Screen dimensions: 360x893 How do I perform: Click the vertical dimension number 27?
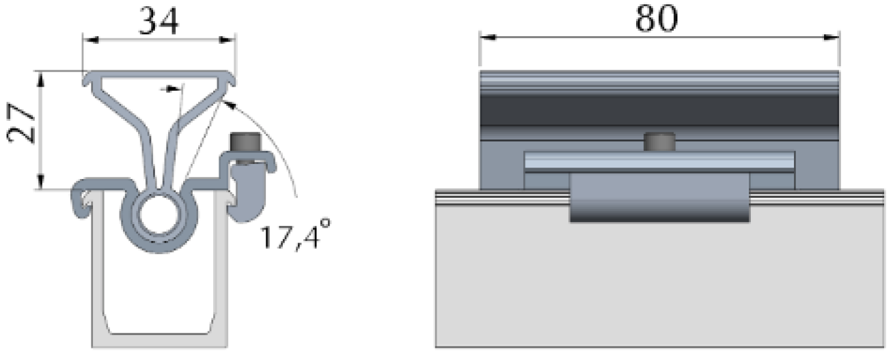click(x=23, y=123)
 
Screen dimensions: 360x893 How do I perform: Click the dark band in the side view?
click(x=659, y=109)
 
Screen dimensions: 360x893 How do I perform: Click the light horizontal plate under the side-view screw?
click(x=659, y=161)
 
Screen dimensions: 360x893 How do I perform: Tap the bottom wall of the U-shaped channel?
click(x=159, y=340)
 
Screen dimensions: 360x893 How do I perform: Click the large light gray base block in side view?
click(x=659, y=287)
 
